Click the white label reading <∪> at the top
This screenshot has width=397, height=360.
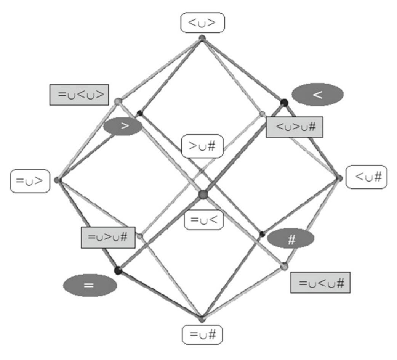pyautogui.click(x=202, y=24)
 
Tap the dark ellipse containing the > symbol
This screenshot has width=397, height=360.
pyautogui.click(x=122, y=127)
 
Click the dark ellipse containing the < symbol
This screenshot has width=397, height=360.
pyautogui.click(x=317, y=95)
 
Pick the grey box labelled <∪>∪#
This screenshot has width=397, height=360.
pyautogui.click(x=295, y=127)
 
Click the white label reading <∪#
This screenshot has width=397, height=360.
pyautogui.click(x=367, y=177)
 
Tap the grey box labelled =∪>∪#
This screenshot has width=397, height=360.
pyautogui.click(x=108, y=237)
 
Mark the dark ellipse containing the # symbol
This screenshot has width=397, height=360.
pyautogui.click(x=291, y=238)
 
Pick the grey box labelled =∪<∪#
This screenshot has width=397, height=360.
pyautogui.click(x=320, y=282)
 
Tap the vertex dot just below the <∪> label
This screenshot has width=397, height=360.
pyautogui.click(x=202, y=38)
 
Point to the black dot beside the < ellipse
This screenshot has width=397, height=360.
pyautogui.click(x=284, y=102)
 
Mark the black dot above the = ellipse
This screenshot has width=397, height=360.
pyautogui.click(x=118, y=270)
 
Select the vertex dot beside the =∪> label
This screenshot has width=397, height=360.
pyautogui.click(x=58, y=180)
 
